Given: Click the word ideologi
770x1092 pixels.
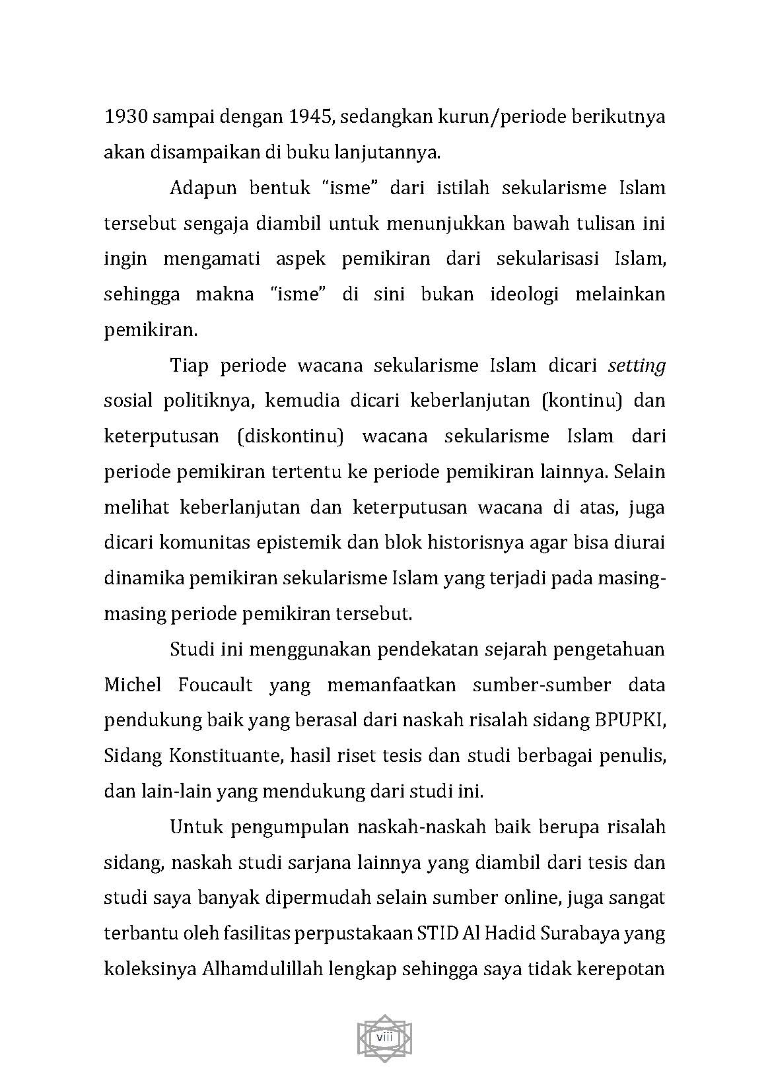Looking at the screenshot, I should pos(524,294).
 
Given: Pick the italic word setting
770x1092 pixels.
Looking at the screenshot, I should pos(636,366).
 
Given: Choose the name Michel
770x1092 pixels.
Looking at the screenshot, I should pos(132,685).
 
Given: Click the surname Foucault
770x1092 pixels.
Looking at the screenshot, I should pos(215,685).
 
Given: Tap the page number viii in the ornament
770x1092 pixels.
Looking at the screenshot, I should pos(384,1037).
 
